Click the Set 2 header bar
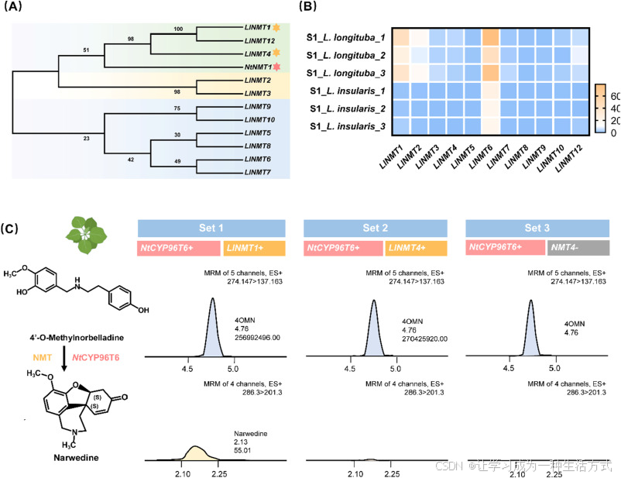click(376, 228)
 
